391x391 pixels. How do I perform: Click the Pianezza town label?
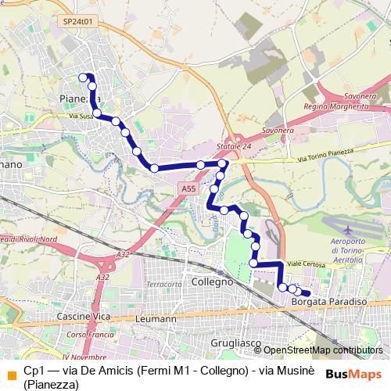point(79,98)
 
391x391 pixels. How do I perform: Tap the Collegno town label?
point(213,281)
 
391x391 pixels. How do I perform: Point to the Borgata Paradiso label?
point(328,301)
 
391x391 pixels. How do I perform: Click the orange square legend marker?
point(10,373)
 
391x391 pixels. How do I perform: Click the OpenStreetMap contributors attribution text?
point(323,350)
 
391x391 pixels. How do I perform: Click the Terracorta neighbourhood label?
point(163,284)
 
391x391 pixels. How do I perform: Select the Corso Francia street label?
point(87,334)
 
